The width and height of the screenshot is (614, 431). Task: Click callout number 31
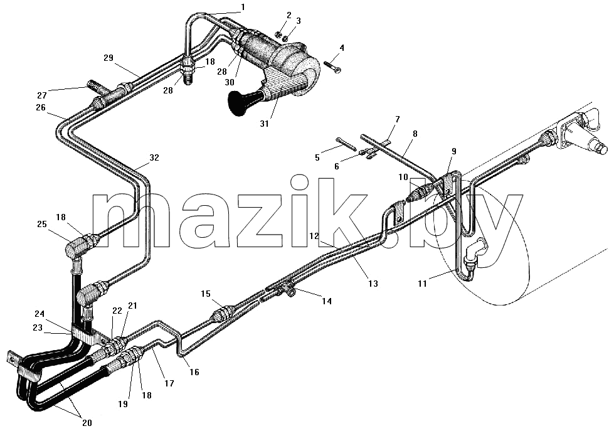pyautogui.click(x=264, y=124)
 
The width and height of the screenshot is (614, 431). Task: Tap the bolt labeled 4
pyautogui.click(x=332, y=67)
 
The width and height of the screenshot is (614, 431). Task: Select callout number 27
pyautogui.click(x=42, y=95)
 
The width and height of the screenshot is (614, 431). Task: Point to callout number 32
pyautogui.click(x=154, y=157)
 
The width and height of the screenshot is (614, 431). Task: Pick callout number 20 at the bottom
pyautogui.click(x=87, y=423)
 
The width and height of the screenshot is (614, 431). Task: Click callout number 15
pyautogui.click(x=206, y=294)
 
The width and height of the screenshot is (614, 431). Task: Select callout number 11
pyautogui.click(x=421, y=283)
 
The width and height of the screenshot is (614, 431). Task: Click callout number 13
pyautogui.click(x=373, y=283)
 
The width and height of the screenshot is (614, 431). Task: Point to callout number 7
pyautogui.click(x=397, y=119)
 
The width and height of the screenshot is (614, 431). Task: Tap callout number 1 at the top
pyautogui.click(x=243, y=7)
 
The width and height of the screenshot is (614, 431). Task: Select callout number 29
pyautogui.click(x=109, y=58)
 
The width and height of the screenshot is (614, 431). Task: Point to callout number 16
pyautogui.click(x=194, y=372)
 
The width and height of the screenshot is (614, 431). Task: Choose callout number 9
pyautogui.click(x=453, y=151)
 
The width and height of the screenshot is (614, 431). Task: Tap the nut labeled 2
pyautogui.click(x=278, y=34)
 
